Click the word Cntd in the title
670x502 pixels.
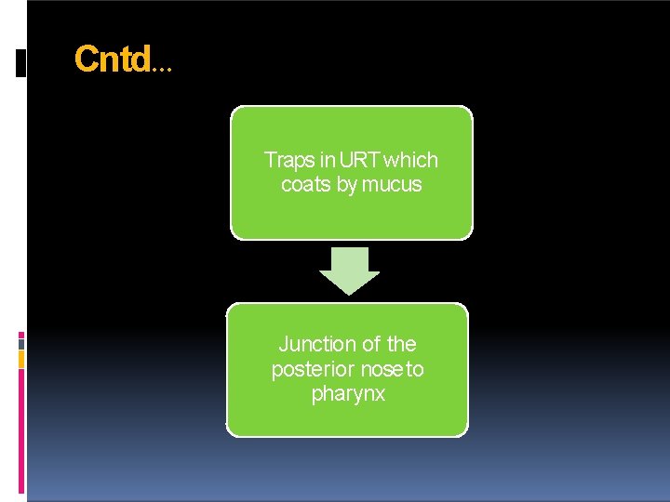[112, 60]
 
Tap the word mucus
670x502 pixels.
[392, 185]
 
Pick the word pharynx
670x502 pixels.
[348, 395]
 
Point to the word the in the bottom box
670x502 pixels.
[401, 344]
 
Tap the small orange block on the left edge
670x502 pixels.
[21, 359]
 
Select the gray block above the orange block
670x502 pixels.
[21, 343]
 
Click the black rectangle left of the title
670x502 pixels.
[21, 62]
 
